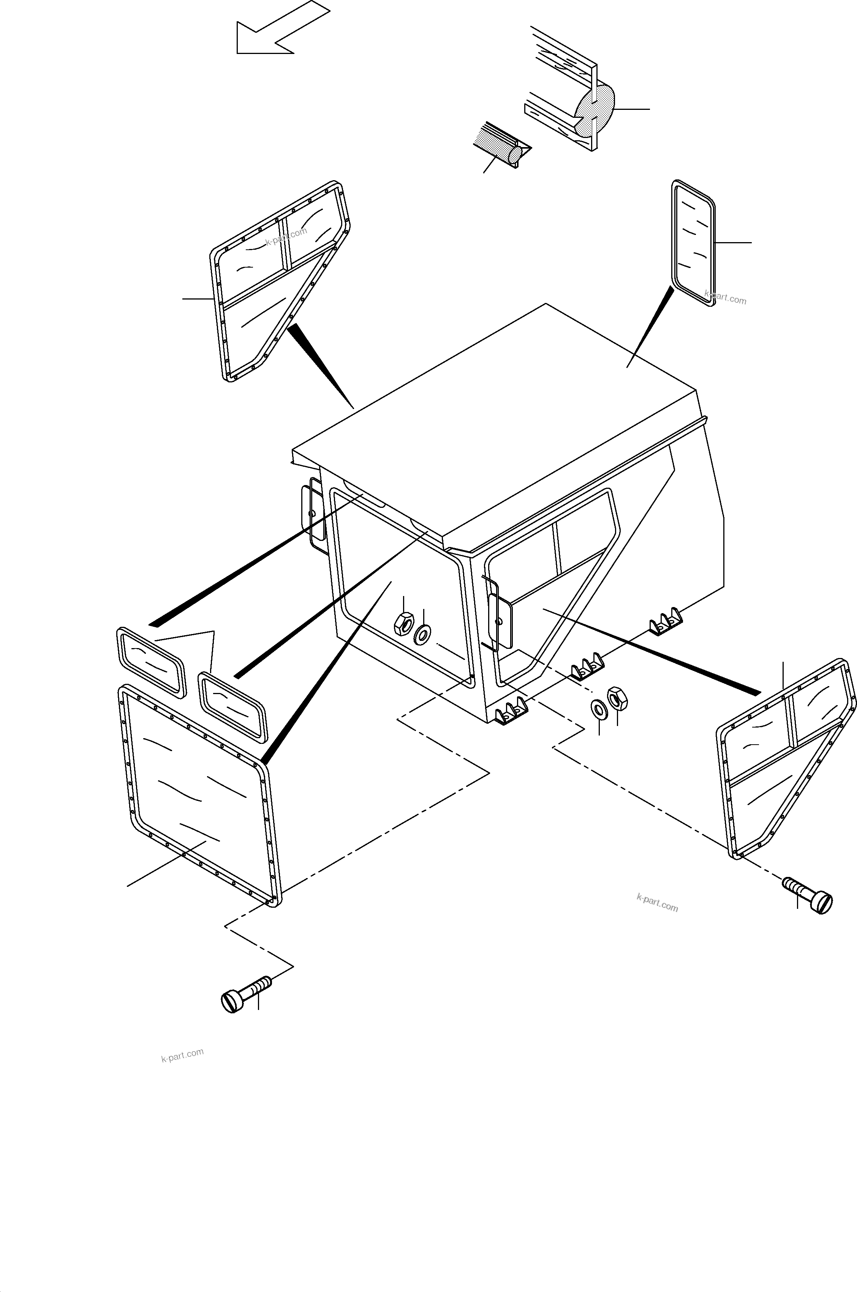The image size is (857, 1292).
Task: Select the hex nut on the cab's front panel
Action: pos(404,624)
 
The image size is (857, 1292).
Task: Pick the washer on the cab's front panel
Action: pos(422,635)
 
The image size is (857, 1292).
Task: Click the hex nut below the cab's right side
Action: pos(618,698)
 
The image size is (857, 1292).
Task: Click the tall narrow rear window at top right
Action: pos(693,243)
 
